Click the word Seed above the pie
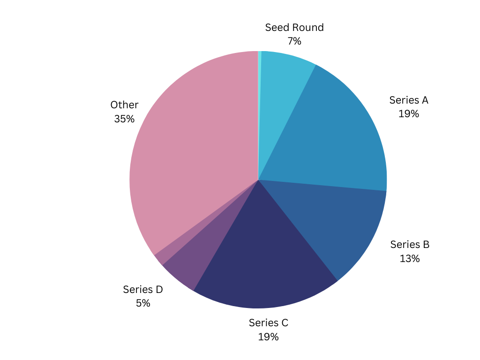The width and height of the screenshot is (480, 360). point(275,27)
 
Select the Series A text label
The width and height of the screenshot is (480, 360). point(409,100)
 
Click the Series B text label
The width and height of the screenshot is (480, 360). point(410,244)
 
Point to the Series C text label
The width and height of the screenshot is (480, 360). point(269,322)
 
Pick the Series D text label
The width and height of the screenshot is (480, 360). point(143,289)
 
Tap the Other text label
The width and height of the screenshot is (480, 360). point(124,105)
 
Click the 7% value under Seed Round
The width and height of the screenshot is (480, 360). point(294,41)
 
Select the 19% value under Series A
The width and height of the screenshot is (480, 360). point(409,114)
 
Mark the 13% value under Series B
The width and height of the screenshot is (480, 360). point(410,258)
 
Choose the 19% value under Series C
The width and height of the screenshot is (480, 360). point(269,337)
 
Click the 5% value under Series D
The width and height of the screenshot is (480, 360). point(143,303)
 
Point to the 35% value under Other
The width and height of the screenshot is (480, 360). point(124,119)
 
